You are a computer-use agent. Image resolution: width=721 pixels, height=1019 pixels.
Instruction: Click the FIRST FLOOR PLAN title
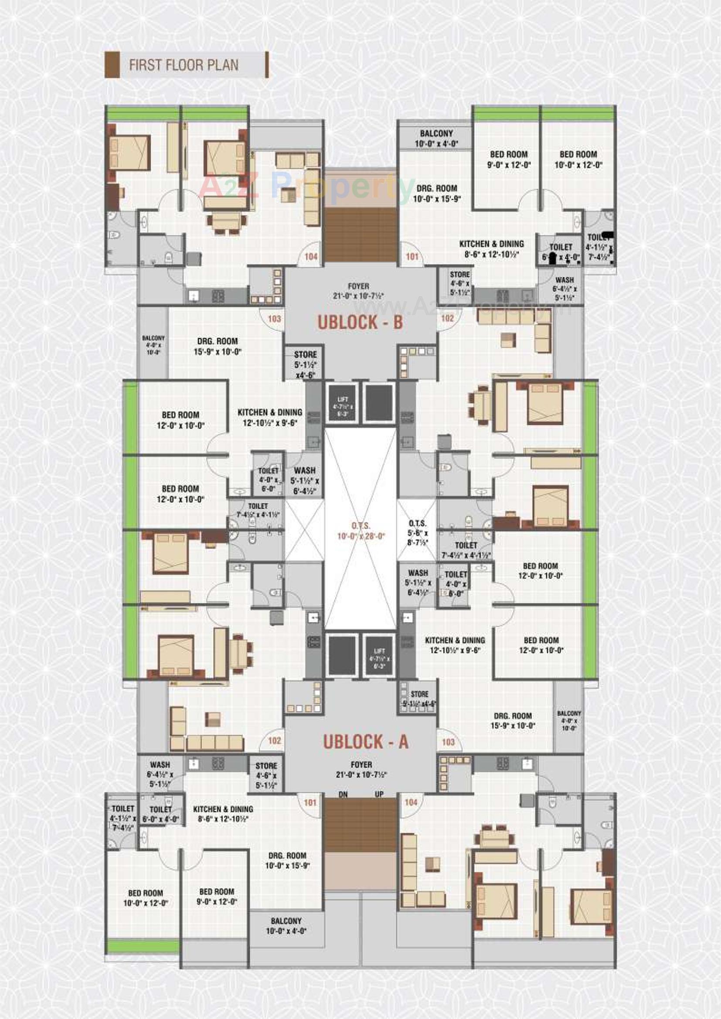(184, 65)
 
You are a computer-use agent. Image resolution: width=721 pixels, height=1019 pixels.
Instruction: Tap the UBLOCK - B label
(360, 323)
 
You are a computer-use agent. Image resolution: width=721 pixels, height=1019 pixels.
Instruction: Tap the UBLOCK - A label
(365, 742)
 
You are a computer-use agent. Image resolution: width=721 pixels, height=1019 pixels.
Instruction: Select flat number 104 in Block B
(311, 257)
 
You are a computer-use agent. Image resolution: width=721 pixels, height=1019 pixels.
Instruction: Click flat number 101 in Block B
(412, 257)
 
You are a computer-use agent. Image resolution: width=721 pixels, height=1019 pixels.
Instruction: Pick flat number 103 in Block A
(448, 742)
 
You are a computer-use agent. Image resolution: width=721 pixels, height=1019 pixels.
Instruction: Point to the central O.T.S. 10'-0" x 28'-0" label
(360, 531)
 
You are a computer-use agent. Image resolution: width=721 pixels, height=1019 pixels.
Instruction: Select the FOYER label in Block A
(361, 770)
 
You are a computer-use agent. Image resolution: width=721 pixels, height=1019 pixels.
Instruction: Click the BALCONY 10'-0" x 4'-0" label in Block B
(436, 138)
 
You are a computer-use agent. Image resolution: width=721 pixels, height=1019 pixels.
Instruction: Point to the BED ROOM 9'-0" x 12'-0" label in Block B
(509, 160)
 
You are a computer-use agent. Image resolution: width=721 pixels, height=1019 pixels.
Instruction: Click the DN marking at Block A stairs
(343, 795)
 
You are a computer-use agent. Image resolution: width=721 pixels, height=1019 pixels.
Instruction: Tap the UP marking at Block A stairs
(379, 795)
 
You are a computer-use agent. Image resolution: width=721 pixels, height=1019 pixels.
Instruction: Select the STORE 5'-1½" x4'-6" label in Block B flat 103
(306, 364)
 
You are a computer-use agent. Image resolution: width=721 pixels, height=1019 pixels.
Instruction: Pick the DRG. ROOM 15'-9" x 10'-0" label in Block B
(218, 346)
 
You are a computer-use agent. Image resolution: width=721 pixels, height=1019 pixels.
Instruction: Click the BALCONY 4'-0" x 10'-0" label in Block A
(569, 721)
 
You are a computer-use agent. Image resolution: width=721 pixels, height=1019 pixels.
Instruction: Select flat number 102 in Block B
(447, 318)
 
